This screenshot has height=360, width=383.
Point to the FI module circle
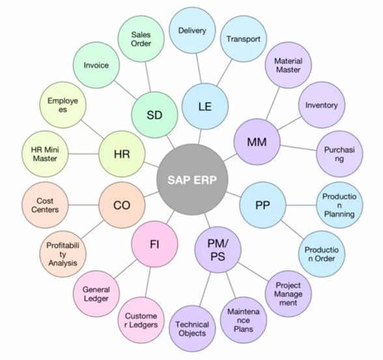(x=154, y=245)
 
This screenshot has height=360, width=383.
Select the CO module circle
(x=122, y=206)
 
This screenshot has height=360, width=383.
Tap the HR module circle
(x=121, y=155)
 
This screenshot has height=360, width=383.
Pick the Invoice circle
(x=96, y=65)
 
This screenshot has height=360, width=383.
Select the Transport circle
(x=243, y=39)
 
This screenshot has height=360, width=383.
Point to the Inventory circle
(x=321, y=105)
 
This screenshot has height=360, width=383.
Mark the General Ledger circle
(x=96, y=294)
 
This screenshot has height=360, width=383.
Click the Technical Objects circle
(x=193, y=329)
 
